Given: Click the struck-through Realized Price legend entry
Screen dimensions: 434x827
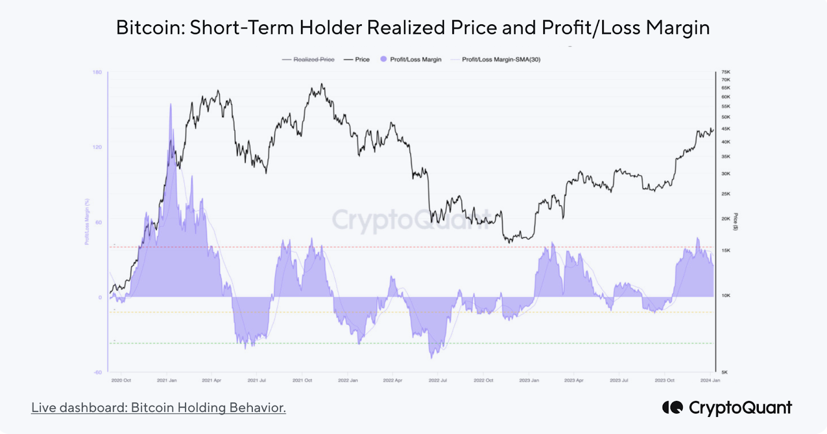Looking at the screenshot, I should coord(314,59).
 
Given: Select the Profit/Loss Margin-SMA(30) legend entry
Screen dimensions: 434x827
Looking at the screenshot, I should coord(501,59).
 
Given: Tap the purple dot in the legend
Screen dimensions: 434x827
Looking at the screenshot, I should coord(384,59).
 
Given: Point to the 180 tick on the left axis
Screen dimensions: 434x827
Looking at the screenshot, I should coord(97,72).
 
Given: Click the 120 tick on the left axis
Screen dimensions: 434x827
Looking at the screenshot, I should coord(97,147).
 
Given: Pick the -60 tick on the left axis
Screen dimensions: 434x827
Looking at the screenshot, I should coord(97,373).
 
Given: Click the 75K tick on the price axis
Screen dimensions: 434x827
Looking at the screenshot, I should coord(726,72).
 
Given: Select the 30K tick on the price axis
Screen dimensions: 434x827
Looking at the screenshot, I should coord(726,174).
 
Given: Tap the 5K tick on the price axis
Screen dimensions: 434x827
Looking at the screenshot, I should coord(725,372).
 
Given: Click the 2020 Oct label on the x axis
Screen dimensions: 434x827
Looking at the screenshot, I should coord(121,380).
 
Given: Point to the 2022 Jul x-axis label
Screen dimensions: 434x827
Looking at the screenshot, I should coord(438,380).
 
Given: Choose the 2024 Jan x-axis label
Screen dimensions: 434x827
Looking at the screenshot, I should coord(710,380).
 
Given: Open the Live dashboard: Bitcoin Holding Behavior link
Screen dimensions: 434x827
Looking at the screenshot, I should coord(158,408).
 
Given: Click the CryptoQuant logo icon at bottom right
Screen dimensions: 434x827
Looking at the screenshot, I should coord(672,408).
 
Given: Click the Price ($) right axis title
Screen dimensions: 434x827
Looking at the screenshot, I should coord(736,221).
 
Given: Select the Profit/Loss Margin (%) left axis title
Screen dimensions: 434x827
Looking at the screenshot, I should coord(87,222).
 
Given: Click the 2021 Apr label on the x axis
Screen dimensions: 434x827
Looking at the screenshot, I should coord(211,380).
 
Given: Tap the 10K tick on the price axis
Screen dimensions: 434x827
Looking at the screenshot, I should coord(726,296).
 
